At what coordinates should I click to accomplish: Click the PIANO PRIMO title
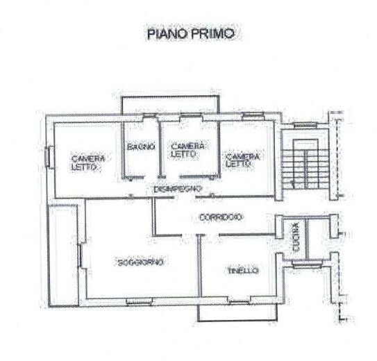(x=191, y=33)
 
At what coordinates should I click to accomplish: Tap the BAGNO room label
(x=141, y=146)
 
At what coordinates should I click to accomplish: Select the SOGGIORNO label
(x=141, y=262)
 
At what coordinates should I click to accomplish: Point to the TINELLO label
(x=243, y=271)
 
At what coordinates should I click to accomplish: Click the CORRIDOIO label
(x=221, y=217)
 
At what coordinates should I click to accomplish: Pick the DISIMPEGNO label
(x=178, y=189)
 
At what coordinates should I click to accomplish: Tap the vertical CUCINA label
(x=296, y=237)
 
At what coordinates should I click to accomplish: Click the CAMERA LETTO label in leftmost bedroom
(x=88, y=162)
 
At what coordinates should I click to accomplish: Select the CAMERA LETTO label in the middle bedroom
(x=187, y=150)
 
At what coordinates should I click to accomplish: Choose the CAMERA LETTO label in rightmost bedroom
(x=242, y=160)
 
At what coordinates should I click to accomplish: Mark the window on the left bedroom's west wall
(x=48, y=156)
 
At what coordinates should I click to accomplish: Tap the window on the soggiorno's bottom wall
(x=139, y=301)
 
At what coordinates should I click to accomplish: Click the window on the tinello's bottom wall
(x=240, y=301)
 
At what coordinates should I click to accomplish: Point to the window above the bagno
(x=149, y=116)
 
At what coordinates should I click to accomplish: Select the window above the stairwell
(x=305, y=125)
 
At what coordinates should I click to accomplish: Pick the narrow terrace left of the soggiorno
(x=64, y=255)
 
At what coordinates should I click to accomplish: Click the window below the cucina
(x=307, y=265)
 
